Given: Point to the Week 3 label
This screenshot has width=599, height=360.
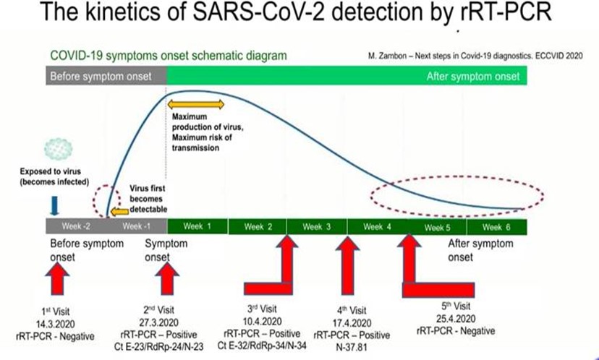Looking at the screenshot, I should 316,226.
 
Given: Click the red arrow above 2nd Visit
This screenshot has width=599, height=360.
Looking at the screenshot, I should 167,278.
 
